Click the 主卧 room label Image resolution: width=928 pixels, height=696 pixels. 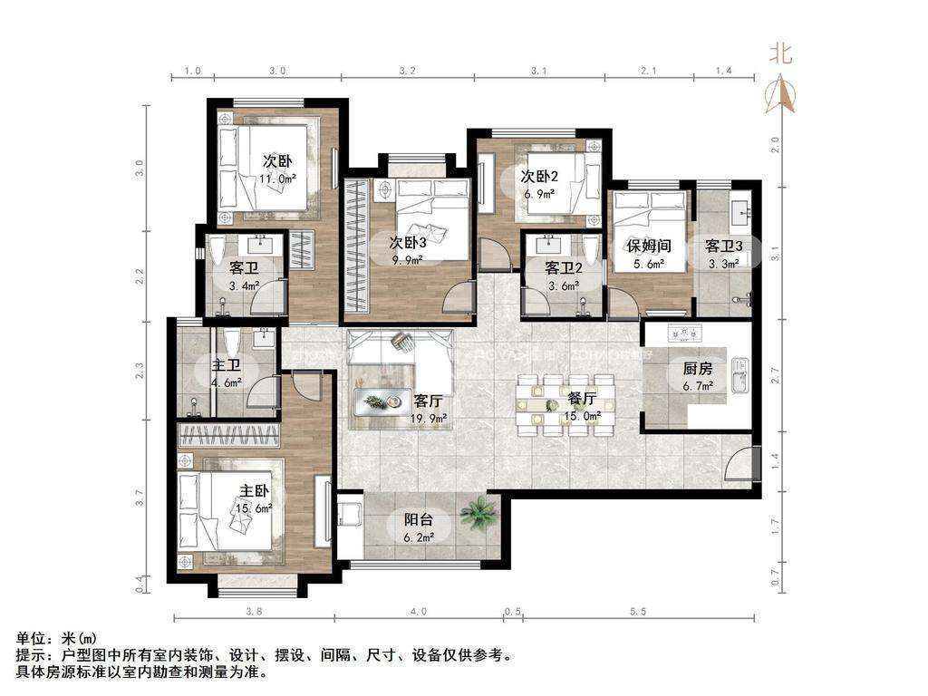(x=255, y=490)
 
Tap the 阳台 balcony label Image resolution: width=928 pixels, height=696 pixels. (x=419, y=519)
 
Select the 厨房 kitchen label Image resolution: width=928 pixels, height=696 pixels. (x=698, y=369)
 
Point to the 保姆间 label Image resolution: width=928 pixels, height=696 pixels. (x=649, y=245)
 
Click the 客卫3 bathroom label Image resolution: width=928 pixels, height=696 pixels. (x=724, y=245)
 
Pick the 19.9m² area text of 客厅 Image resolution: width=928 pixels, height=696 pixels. (x=429, y=419)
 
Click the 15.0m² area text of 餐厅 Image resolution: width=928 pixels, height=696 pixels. (x=583, y=416)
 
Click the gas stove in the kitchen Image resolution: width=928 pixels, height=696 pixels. (x=684, y=333)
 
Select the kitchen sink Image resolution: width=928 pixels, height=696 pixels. (x=739, y=375)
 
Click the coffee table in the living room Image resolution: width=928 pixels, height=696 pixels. (x=382, y=401)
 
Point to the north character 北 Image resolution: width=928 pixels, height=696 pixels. (x=780, y=54)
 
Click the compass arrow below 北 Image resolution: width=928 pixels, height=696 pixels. (x=781, y=93)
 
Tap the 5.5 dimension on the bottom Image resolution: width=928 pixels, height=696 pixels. (x=638, y=612)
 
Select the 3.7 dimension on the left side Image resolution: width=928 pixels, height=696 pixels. (x=140, y=498)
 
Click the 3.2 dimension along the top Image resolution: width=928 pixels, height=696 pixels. (x=407, y=71)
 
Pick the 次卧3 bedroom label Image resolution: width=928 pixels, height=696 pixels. (x=408, y=242)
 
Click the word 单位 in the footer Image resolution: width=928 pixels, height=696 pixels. (x=31, y=639)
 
